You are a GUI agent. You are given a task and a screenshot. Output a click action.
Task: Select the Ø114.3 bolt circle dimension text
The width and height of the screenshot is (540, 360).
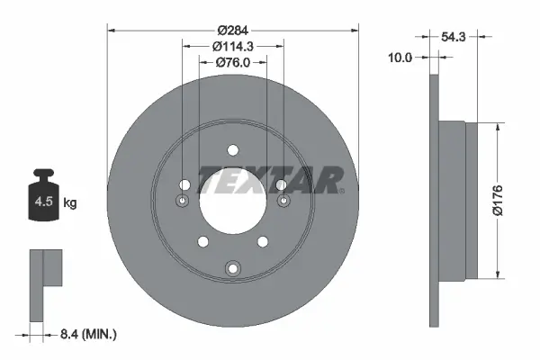[232, 46]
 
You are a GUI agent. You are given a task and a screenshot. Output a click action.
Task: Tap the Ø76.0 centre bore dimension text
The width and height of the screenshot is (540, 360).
[232, 62]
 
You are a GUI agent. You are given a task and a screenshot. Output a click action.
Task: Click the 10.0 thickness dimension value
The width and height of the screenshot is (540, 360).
[400, 57]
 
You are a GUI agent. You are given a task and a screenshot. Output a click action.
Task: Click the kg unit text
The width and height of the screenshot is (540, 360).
[69, 203]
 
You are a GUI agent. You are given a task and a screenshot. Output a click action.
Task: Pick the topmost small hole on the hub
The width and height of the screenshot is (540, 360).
[233, 149]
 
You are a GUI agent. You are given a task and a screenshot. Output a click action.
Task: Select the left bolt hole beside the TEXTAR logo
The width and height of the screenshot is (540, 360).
[184, 186]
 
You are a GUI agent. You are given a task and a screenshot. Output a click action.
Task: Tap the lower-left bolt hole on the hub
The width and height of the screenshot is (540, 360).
[203, 242]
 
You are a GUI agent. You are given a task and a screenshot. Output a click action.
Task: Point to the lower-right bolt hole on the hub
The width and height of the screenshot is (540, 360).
[263, 242]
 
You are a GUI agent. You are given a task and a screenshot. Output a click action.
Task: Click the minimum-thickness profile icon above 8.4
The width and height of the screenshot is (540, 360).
[45, 283]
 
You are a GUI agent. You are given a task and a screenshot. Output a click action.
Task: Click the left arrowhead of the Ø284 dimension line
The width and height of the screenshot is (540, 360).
[112, 29]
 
